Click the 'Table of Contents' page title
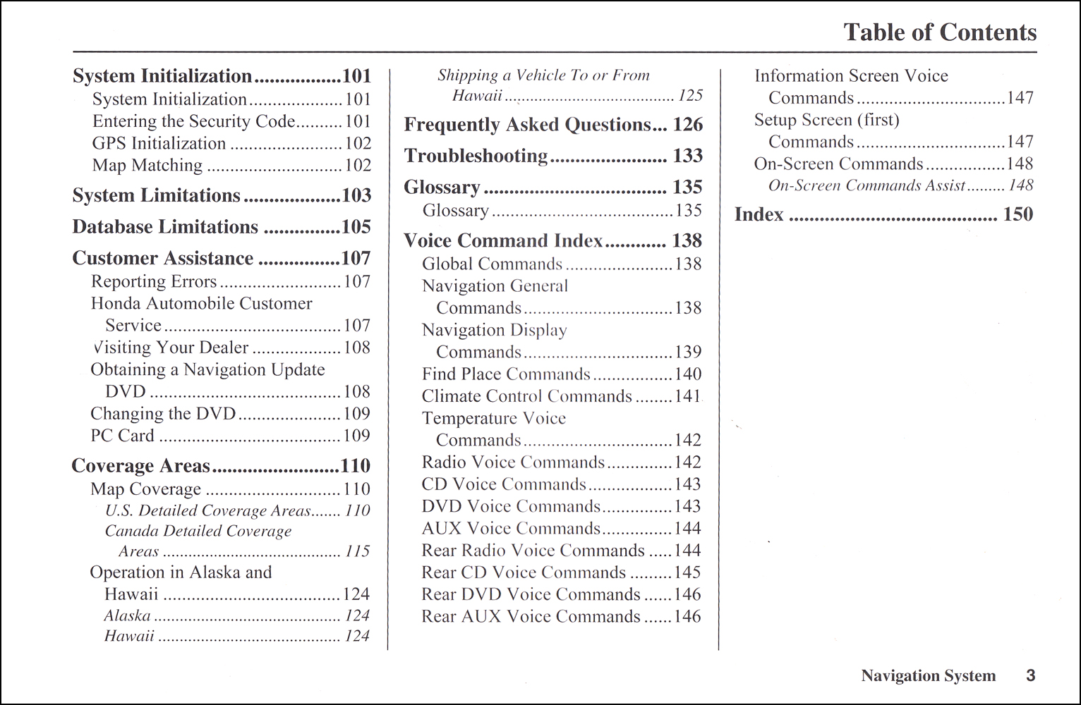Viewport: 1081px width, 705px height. pos(939,32)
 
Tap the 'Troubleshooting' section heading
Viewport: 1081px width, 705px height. pos(476,156)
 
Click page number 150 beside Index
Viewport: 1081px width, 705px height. pos(1017,214)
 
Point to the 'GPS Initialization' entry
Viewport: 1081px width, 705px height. pos(159,144)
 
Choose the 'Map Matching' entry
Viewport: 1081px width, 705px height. pos(147,166)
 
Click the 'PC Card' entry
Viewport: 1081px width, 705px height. pos(122,436)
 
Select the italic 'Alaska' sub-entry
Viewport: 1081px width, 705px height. pos(127,616)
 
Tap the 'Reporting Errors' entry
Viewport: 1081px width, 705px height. pos(154,282)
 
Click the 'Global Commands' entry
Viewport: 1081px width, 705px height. pos(492,264)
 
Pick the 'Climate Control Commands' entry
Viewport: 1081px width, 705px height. pos(526,396)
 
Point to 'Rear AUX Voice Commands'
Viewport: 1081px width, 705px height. pos(531,617)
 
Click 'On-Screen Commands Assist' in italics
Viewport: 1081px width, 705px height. pos(866,186)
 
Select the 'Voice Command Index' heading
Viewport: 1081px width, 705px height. pos(503,241)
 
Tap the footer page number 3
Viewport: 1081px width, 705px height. pos(1030,675)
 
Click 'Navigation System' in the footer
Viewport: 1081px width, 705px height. pos(928,676)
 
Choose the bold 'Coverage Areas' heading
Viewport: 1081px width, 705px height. pos(140,466)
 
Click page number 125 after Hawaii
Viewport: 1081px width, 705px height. pos(690,96)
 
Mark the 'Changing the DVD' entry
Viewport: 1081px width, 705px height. pos(163,414)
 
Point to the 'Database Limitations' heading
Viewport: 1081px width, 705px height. pos(165,227)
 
